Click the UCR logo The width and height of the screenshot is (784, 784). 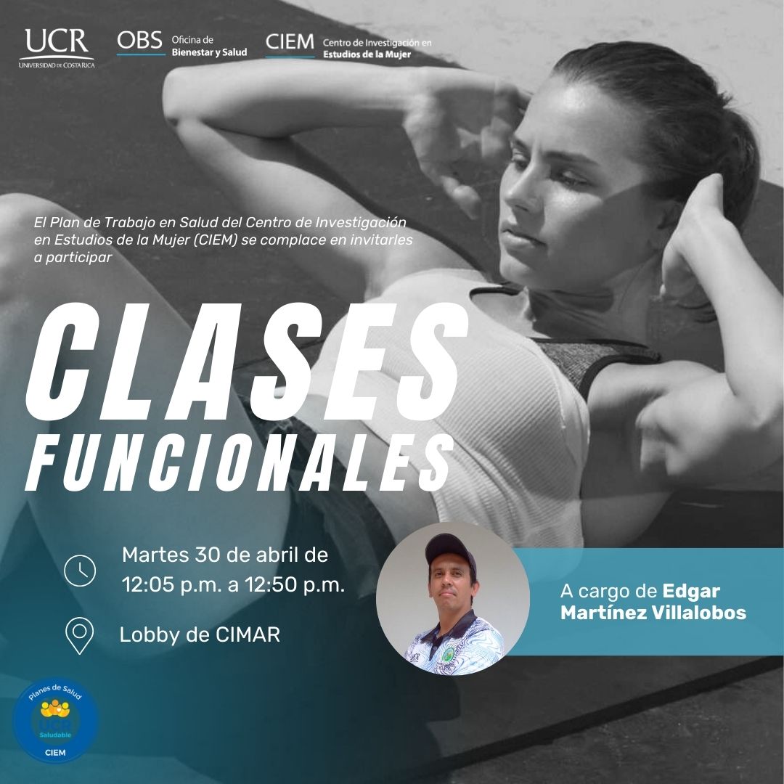pyautogui.click(x=57, y=48)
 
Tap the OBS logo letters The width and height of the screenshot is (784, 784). pyautogui.click(x=139, y=41)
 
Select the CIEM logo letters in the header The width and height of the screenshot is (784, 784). pyautogui.click(x=290, y=42)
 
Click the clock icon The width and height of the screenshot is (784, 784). pyautogui.click(x=80, y=570)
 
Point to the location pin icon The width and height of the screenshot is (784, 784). pyautogui.click(x=80, y=635)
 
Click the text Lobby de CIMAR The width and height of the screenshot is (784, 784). pyautogui.click(x=200, y=634)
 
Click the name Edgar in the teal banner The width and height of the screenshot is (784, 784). pyautogui.click(x=691, y=592)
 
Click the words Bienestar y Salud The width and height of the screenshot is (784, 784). pyautogui.click(x=210, y=52)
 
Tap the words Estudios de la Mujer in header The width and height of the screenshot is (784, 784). pyautogui.click(x=367, y=54)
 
